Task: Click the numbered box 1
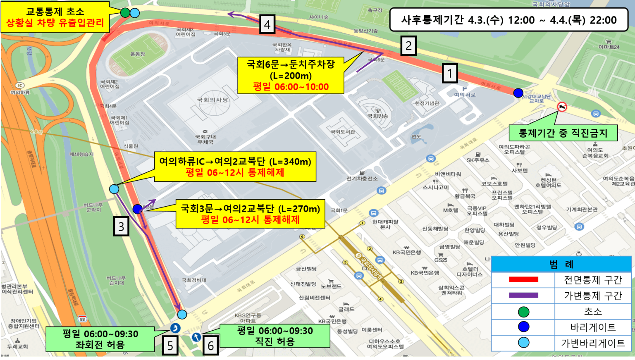click(x=450, y=74)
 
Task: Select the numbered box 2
click(x=408, y=46)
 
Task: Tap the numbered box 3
click(x=121, y=226)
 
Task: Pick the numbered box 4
click(x=267, y=25)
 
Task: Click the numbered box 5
click(x=170, y=346)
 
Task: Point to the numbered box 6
click(x=210, y=346)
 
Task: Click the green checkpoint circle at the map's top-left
click(x=125, y=13)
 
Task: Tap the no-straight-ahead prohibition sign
click(x=562, y=107)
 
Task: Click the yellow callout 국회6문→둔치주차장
click(x=291, y=76)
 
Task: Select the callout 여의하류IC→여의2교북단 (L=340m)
click(x=235, y=167)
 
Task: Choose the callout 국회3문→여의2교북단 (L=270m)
click(x=250, y=214)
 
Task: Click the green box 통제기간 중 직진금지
click(x=563, y=133)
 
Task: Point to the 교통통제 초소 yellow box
click(x=55, y=17)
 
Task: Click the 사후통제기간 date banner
click(x=508, y=20)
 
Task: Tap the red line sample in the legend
click(x=523, y=280)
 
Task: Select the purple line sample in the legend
click(x=523, y=296)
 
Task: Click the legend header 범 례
click(x=561, y=265)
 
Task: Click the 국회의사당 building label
click(x=212, y=100)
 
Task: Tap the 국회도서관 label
click(x=343, y=132)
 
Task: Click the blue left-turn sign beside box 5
click(x=175, y=328)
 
